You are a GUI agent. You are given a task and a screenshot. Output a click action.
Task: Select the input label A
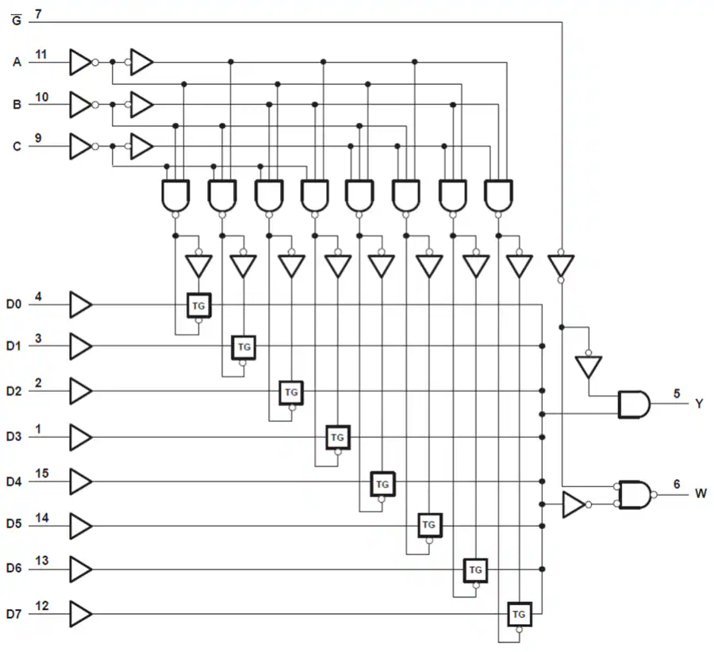[x=17, y=61]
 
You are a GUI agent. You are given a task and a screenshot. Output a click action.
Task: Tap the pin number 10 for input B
[x=41, y=98]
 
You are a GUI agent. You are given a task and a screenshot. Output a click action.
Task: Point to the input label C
[x=17, y=146]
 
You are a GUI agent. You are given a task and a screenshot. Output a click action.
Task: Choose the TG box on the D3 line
[x=337, y=436]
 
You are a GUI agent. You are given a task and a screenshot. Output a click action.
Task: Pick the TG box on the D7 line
[x=519, y=614]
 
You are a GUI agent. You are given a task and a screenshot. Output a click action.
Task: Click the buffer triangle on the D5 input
[x=80, y=524]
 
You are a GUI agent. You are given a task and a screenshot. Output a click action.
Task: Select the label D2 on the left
[x=13, y=391]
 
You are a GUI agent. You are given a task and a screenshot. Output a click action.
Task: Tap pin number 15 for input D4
[x=41, y=474]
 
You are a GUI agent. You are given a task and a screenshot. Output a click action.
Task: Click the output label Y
[x=699, y=404]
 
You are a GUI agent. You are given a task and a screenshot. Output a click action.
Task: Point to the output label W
[x=701, y=493]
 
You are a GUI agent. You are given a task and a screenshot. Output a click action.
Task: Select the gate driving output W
[x=635, y=494]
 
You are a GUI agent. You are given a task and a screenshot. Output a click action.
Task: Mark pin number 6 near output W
[x=676, y=484]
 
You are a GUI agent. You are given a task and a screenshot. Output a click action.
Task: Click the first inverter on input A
[x=80, y=61]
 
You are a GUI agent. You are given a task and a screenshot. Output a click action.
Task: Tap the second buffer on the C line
[x=141, y=146]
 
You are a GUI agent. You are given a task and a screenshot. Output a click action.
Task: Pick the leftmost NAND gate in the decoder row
[x=175, y=195]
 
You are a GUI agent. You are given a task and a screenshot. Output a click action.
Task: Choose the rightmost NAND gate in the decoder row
[x=499, y=195]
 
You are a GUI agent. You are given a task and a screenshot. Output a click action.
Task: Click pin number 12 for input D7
[x=41, y=607]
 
